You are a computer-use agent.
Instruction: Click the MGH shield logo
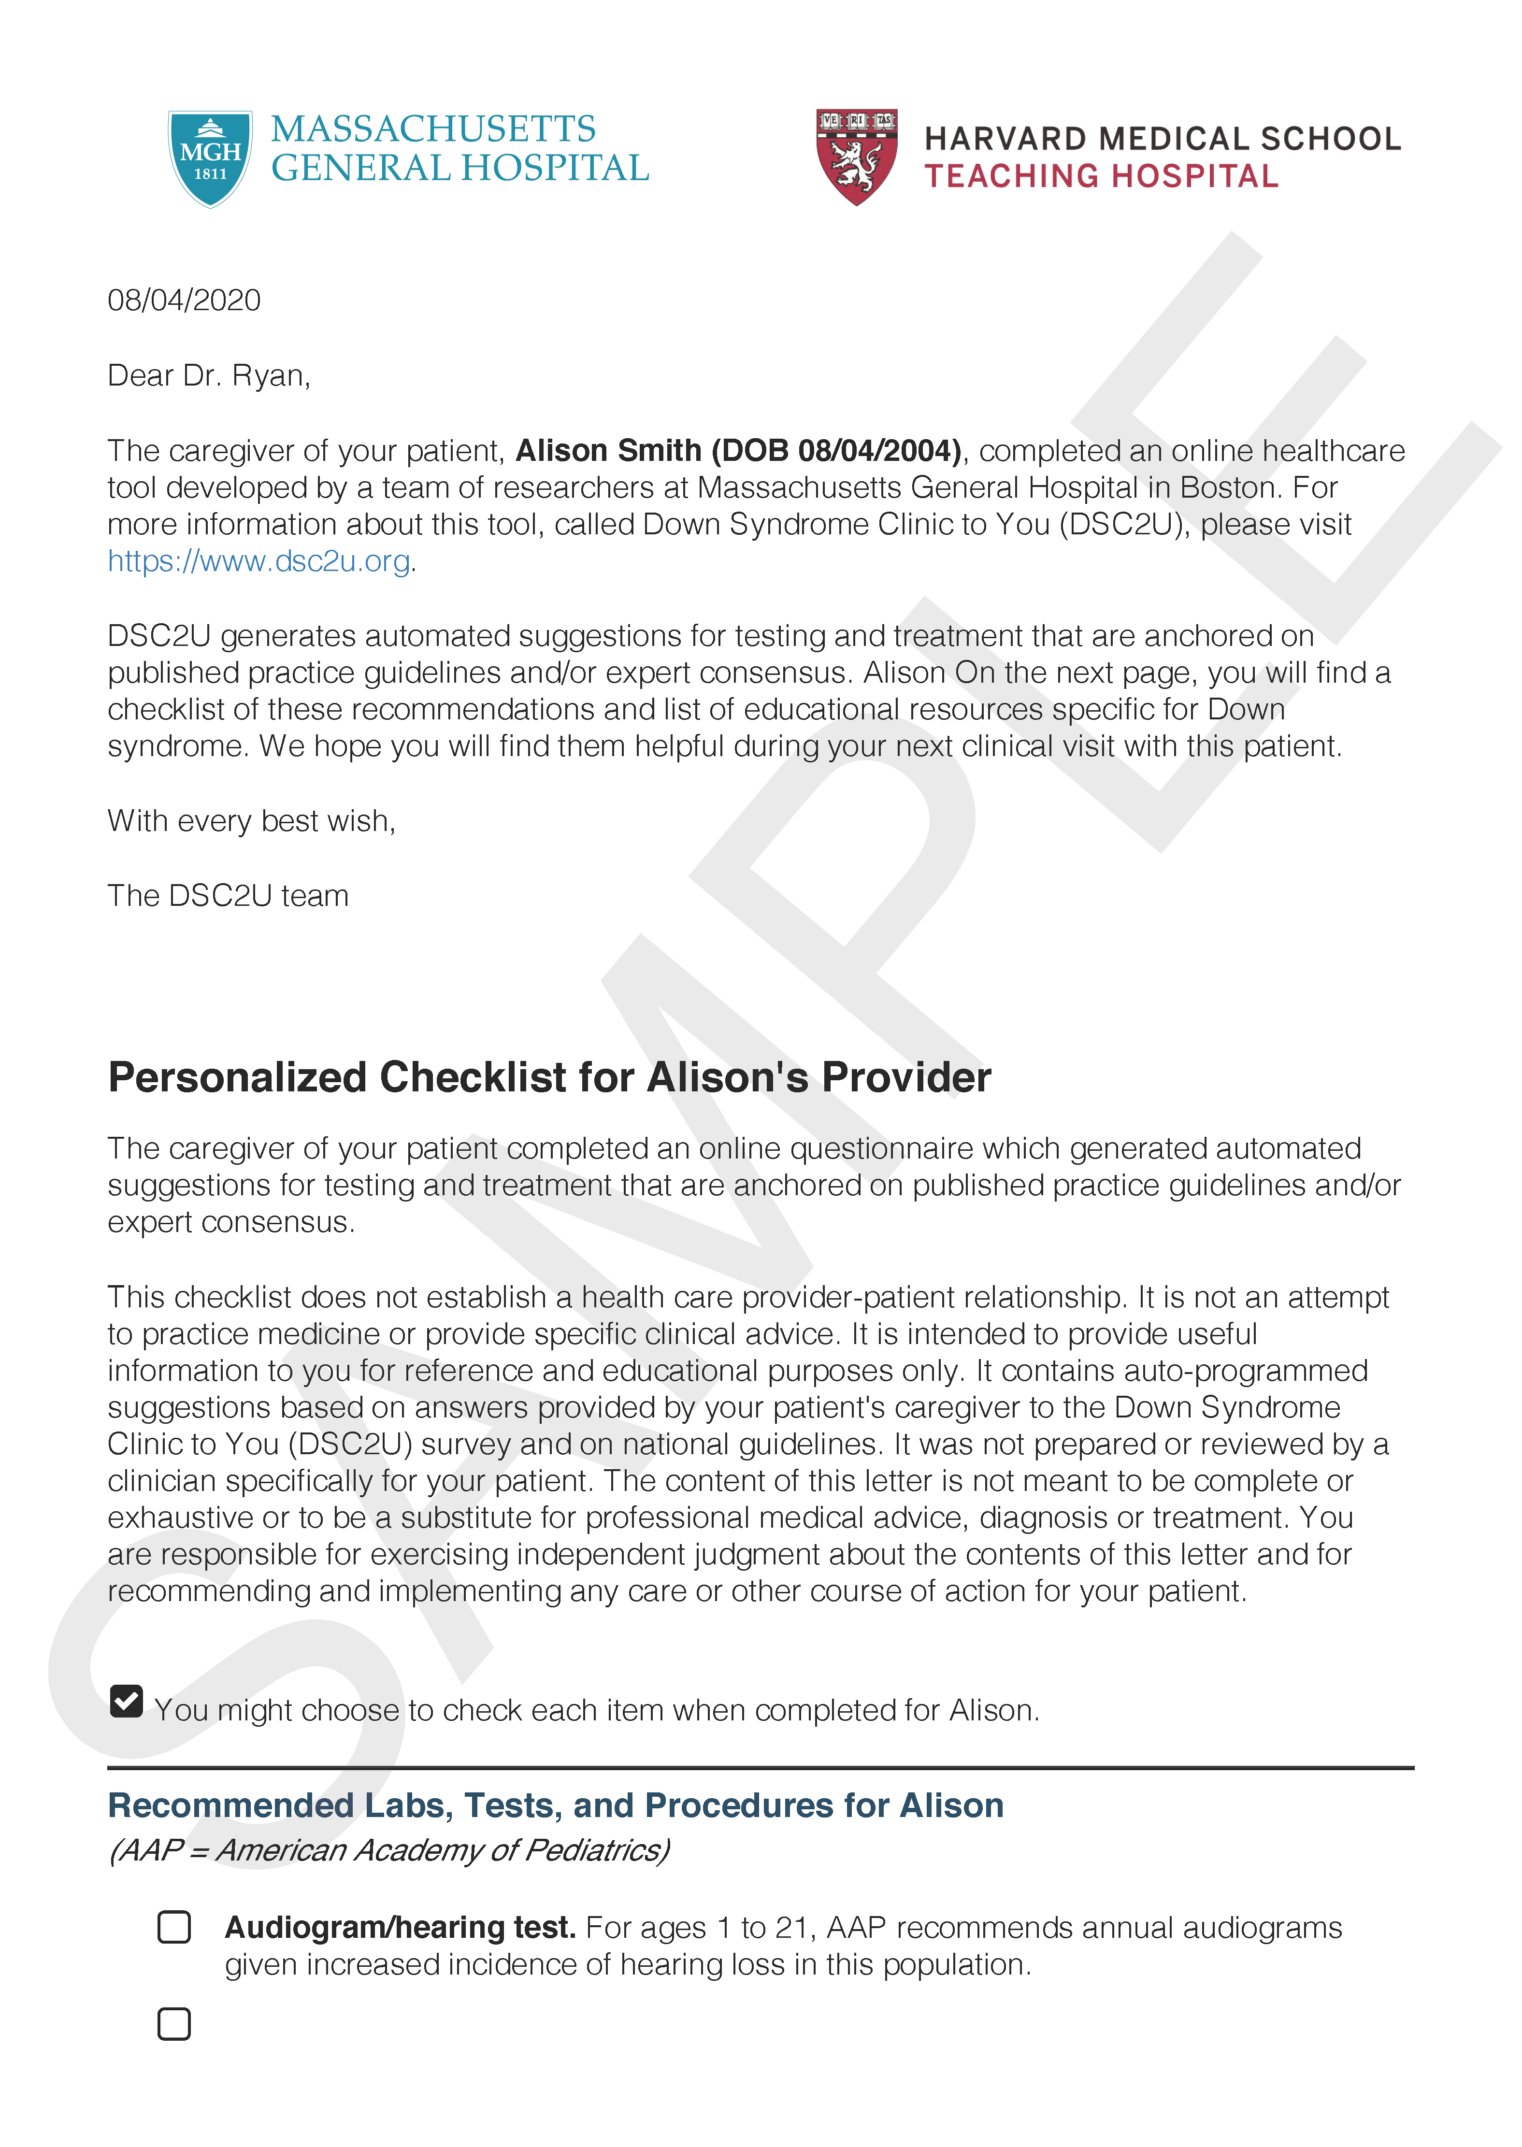[210, 157]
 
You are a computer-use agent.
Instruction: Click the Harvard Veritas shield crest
[857, 156]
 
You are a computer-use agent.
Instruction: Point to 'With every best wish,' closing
[251, 821]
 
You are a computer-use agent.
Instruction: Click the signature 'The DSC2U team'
[228, 896]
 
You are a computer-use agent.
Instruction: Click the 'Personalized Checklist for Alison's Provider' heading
[549, 1078]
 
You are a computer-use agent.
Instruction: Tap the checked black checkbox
[127, 1701]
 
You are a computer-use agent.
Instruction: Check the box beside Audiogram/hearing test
[174, 1928]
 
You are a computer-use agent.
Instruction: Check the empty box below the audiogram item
[174, 2024]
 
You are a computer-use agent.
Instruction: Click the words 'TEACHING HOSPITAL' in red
[1101, 176]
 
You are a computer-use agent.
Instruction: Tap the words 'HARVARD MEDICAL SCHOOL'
[1162, 139]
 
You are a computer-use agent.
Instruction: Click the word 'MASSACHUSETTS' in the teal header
[433, 129]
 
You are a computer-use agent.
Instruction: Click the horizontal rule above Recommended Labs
[760, 1768]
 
